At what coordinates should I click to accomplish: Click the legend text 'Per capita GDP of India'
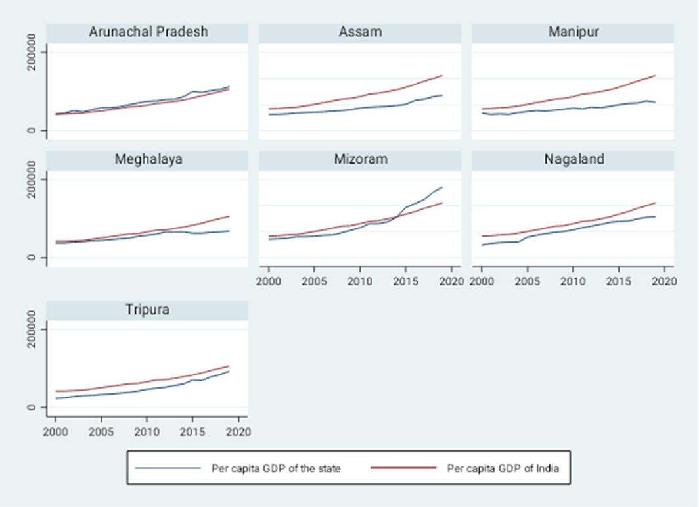[503, 469]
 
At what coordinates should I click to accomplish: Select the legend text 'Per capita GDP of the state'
[276, 469]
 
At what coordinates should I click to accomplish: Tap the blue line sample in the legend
[168, 468]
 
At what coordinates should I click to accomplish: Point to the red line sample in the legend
[404, 468]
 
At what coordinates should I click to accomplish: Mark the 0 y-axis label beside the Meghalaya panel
[32, 258]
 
